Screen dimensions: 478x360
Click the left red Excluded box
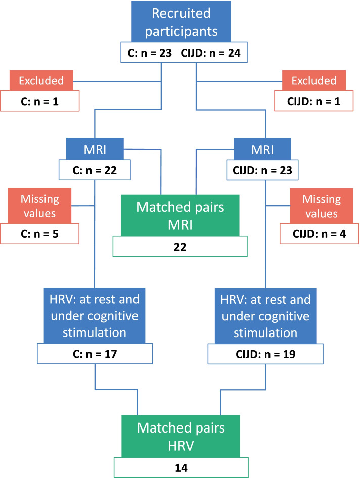41,80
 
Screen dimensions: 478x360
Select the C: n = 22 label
95,170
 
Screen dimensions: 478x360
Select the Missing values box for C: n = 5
39,206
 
